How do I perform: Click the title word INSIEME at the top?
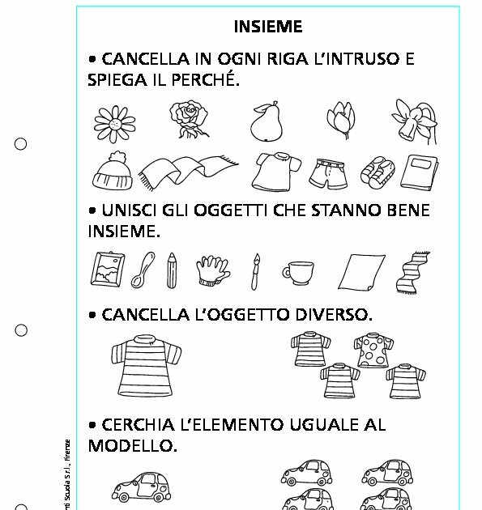click(x=268, y=27)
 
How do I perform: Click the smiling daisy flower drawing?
click(x=112, y=122)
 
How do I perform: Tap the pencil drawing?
click(x=172, y=270)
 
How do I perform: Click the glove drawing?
click(x=214, y=270)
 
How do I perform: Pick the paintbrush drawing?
click(x=255, y=270)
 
